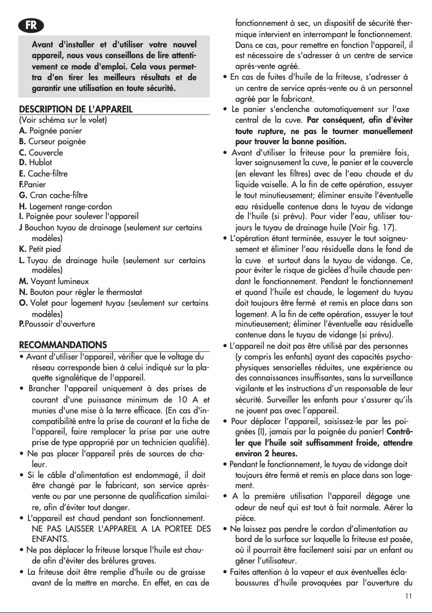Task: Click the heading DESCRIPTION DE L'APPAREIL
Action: coord(76,110)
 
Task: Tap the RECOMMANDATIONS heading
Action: coord(64,344)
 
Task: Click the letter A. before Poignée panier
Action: coord(23,131)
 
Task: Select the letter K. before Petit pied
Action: coord(23,249)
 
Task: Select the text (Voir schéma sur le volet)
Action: coord(63,120)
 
